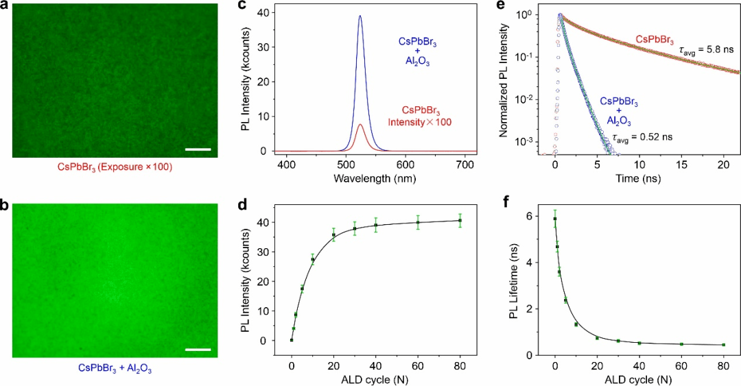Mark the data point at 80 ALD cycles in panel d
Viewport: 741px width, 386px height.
(x=460, y=221)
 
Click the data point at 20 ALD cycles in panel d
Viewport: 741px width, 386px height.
(x=333, y=235)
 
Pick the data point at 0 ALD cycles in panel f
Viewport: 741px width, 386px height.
(x=555, y=219)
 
